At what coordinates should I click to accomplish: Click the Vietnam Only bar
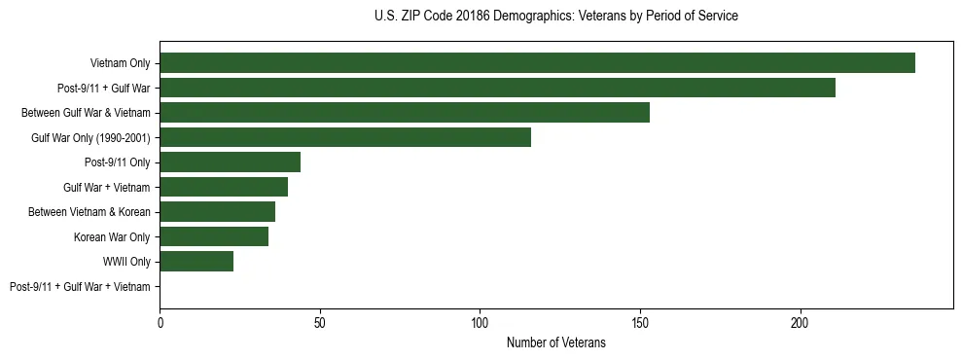point(537,63)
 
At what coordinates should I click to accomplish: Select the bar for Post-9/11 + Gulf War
point(497,88)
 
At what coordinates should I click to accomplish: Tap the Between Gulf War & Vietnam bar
point(405,113)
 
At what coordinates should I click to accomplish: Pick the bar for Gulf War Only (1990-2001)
point(345,137)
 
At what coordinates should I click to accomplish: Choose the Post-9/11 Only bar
point(230,162)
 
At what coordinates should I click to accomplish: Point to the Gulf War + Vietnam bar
point(224,187)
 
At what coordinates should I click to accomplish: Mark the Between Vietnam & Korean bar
point(217,212)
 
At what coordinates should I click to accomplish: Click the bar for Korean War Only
point(214,236)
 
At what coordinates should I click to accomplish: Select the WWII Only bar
point(196,262)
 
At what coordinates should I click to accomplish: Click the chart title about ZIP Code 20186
point(555,17)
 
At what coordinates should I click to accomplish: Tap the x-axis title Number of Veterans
point(555,342)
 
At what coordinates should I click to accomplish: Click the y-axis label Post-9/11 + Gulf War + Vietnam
point(80,287)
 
